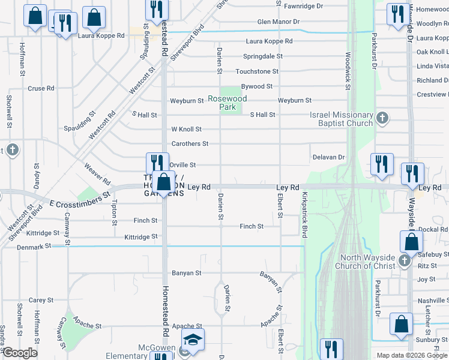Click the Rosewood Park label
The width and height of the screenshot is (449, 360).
pos(228,103)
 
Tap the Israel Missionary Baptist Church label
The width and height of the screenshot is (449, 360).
pos(341,119)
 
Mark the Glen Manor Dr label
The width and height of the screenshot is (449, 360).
pos(278,22)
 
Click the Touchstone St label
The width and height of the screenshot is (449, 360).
pos(257,71)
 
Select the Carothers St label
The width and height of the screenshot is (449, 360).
pos(190,144)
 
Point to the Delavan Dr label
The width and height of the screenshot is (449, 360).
pos(328,157)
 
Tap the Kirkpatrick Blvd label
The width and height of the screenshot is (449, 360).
pos(305,215)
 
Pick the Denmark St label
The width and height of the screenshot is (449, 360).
pos(34,247)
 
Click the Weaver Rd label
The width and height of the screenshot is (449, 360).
pos(97,174)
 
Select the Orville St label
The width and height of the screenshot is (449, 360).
pos(182,164)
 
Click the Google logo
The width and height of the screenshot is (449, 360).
pos(20,353)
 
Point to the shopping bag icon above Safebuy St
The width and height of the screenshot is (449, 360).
pos(412,242)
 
